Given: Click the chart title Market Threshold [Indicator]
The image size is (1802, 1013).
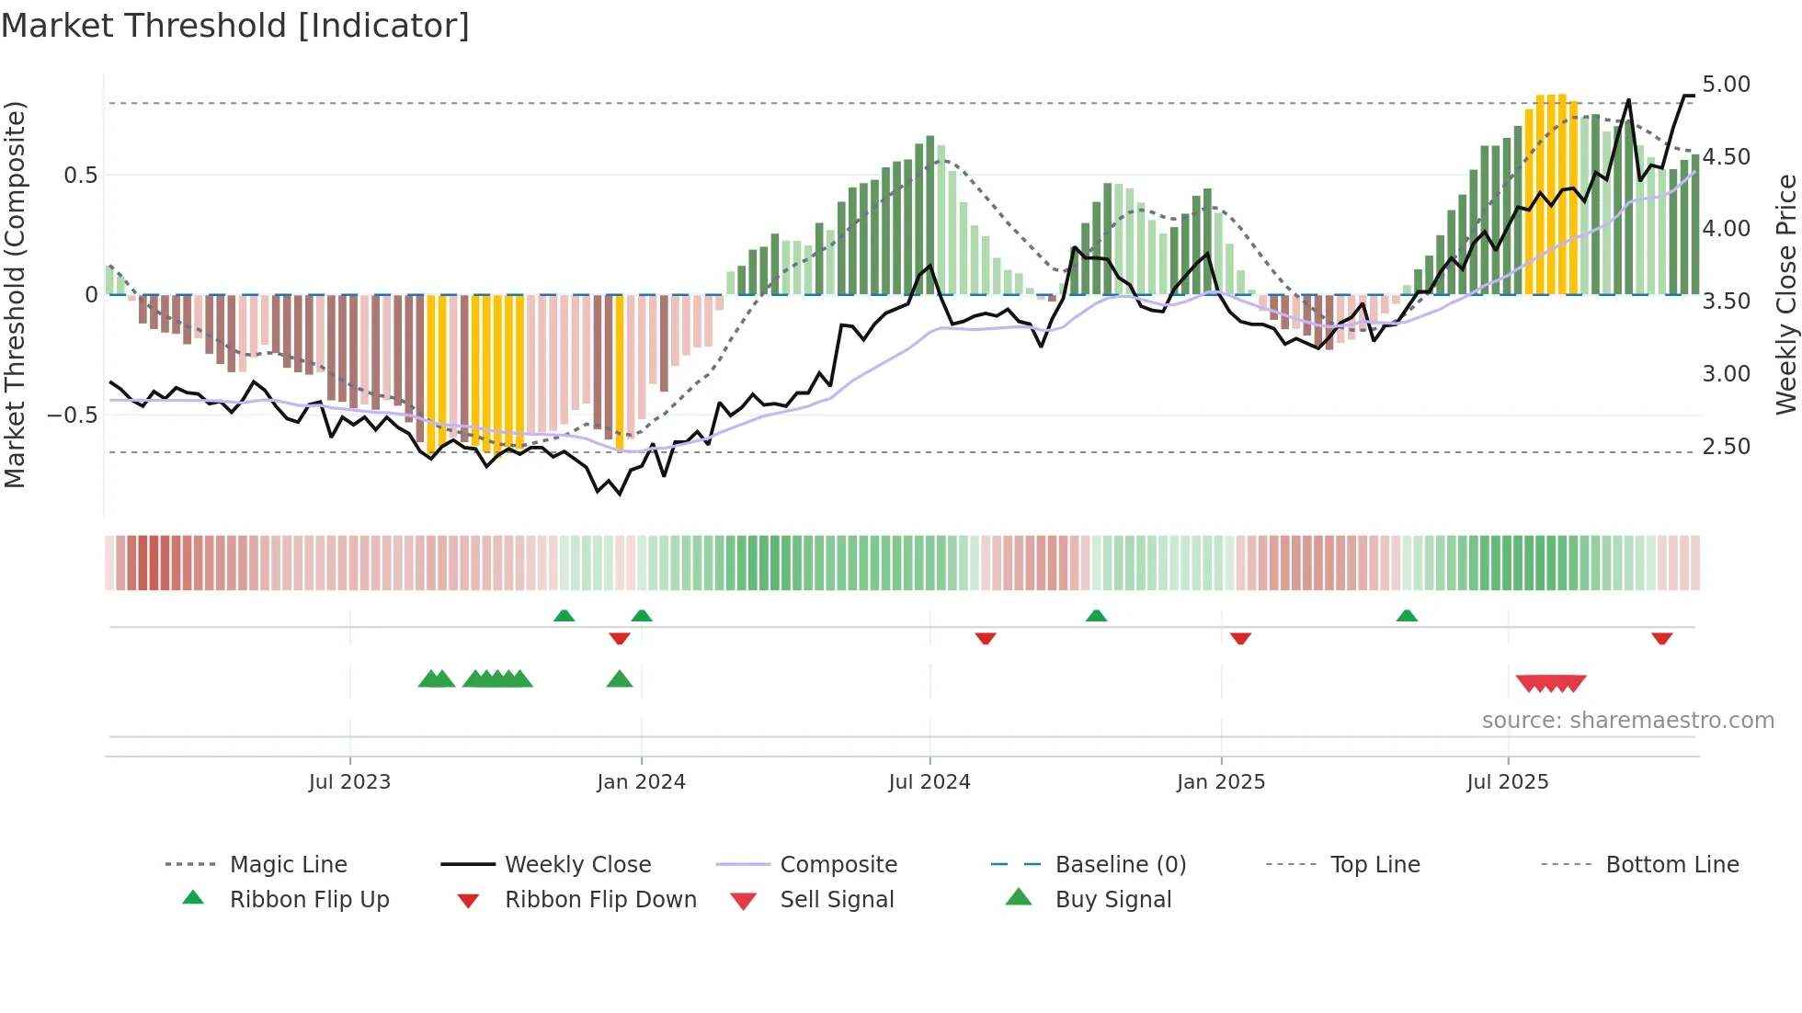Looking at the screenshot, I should click(x=235, y=26).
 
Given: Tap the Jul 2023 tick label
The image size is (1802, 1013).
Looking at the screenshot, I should click(x=349, y=782).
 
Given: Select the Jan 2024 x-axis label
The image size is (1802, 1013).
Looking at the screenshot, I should click(x=641, y=782).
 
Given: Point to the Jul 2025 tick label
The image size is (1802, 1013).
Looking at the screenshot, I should click(x=1508, y=782).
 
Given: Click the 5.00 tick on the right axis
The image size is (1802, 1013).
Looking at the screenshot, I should click(x=1726, y=85).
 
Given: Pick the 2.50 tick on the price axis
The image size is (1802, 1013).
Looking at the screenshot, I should click(x=1726, y=447).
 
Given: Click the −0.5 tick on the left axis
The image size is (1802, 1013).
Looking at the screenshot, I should click(x=73, y=415).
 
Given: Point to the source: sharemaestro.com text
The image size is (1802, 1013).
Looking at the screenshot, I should click(x=1627, y=721).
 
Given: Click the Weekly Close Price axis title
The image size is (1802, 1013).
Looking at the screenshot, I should click(x=1785, y=294).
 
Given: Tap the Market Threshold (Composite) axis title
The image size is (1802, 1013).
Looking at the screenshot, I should click(x=15, y=294).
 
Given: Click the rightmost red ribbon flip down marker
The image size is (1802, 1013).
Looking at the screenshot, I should click(x=1661, y=638).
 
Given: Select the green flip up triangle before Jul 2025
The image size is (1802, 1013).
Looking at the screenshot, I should click(x=1407, y=616).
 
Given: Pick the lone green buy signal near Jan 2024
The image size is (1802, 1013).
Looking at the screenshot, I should click(x=620, y=679).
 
